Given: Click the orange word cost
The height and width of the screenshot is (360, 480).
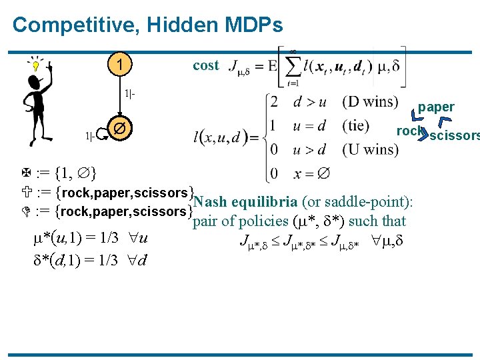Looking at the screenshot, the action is click(205, 65).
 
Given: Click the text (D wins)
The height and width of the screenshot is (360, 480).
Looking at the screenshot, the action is click(371, 102).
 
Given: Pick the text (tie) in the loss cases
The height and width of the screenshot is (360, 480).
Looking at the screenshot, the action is click(359, 125).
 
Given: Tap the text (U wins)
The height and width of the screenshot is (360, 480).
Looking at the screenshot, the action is click(371, 149).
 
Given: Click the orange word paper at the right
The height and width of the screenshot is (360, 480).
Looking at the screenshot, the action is click(436, 107).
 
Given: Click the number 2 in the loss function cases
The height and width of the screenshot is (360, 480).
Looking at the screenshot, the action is click(273, 102).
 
